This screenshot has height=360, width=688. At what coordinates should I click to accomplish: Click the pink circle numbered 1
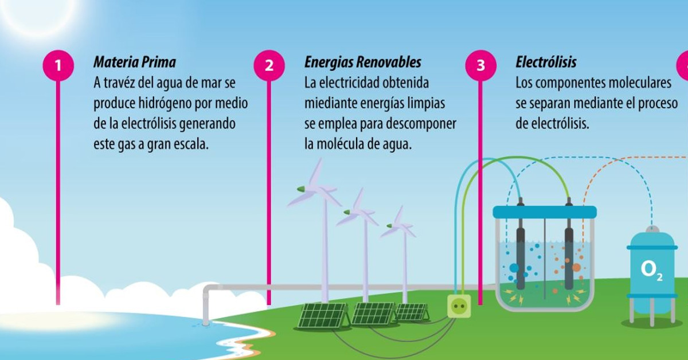pyautogui.click(x=58, y=65)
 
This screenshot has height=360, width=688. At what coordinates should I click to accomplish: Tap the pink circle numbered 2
pyautogui.click(x=269, y=65)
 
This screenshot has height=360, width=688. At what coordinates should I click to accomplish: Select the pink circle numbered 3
pyautogui.click(x=480, y=65)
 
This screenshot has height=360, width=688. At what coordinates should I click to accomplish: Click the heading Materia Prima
pyautogui.click(x=135, y=62)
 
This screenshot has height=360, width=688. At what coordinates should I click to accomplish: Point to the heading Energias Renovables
pyautogui.click(x=363, y=62)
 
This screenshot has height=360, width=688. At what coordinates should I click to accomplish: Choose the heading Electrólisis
pyautogui.click(x=546, y=62)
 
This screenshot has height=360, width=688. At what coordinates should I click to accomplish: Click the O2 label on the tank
pyautogui.click(x=651, y=271)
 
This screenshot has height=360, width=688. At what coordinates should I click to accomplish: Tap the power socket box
pyautogui.click(x=459, y=306)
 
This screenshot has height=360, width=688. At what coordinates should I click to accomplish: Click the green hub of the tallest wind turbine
pyautogui.click(x=301, y=189)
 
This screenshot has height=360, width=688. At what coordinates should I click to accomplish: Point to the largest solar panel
pyautogui.click(x=323, y=315)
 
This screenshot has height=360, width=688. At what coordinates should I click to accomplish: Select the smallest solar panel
pyautogui.click(x=412, y=312)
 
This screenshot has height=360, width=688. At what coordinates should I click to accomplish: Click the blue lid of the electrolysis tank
pyautogui.click(x=545, y=212)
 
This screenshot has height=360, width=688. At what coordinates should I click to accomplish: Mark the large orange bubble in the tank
pyautogui.click(x=576, y=268)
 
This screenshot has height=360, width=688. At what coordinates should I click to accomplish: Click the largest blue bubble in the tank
pyautogui.click(x=514, y=268)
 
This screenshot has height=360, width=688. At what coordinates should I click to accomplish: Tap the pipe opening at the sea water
pyautogui.click(x=205, y=323)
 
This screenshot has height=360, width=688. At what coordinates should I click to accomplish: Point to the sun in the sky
pyautogui.click(x=38, y=12)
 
